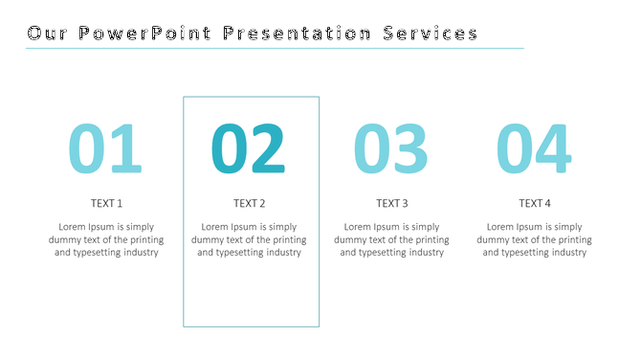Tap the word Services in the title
tap(431, 34)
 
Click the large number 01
tap(105, 150)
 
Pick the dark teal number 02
tap(249, 150)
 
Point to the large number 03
tap(391, 150)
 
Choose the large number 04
tap(534, 150)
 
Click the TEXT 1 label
tap(106, 203)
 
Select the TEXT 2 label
tap(249, 203)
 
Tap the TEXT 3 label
tap(391, 203)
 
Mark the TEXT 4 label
tap(534, 203)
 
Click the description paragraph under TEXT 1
tap(106, 239)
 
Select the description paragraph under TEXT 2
tap(249, 239)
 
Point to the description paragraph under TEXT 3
tap(391, 239)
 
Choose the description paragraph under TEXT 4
tap(534, 239)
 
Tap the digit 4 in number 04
tap(553, 150)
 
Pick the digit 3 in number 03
tap(410, 150)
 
